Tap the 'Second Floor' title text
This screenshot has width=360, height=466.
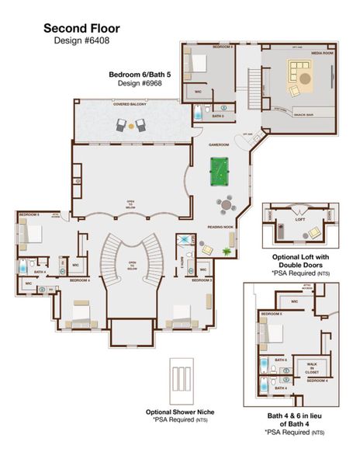(x=81, y=28)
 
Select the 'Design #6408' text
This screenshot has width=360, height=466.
(x=81, y=40)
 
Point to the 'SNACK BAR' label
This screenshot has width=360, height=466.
(x=303, y=113)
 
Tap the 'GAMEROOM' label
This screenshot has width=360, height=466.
(x=220, y=144)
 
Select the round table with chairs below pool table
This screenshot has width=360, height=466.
(x=224, y=205)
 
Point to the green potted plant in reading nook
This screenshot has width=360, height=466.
(x=227, y=251)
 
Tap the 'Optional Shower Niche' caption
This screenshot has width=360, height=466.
(x=180, y=412)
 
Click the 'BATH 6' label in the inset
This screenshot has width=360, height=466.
(x=279, y=360)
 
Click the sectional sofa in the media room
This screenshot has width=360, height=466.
(x=300, y=75)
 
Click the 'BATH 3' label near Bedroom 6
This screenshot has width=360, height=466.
(x=219, y=116)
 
